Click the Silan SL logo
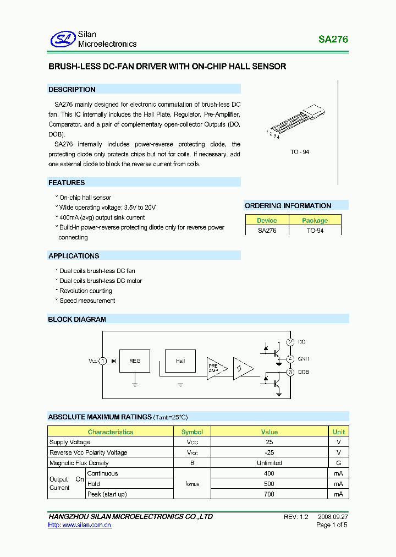click(x=62, y=39)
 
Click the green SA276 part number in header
click(x=333, y=40)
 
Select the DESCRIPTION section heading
click(x=72, y=89)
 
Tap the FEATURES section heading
click(x=67, y=182)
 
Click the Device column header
click(x=267, y=220)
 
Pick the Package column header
click(x=315, y=220)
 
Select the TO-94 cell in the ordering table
click(x=315, y=231)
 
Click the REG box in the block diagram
click(x=135, y=361)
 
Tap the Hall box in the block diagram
click(x=180, y=361)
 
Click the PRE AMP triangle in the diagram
click(x=214, y=368)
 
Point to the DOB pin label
click(x=303, y=372)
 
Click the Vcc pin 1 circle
click(x=102, y=361)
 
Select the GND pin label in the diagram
click(x=304, y=358)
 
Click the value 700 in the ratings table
click(x=269, y=494)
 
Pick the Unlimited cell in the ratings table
click(x=269, y=463)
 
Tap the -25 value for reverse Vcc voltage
click(x=269, y=452)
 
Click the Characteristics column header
click(x=110, y=432)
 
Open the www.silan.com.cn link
click(x=80, y=525)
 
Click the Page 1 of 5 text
click(x=332, y=525)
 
